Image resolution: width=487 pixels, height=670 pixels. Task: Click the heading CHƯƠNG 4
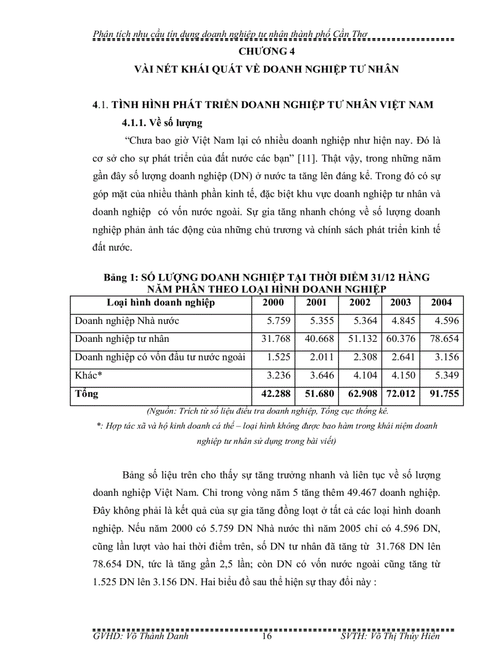pos(267,51)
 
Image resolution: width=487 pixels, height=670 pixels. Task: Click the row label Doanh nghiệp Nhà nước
pos(127,321)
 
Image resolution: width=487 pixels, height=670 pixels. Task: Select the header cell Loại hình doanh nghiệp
pos(161,302)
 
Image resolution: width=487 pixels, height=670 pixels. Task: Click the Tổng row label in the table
pos(87,394)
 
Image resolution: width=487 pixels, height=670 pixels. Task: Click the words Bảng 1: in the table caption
pos(121,279)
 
